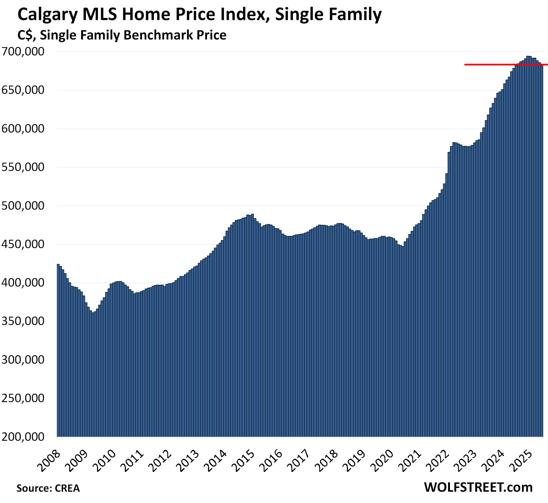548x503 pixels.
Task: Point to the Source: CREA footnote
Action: point(48,488)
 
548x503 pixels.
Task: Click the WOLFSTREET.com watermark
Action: point(478,487)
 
